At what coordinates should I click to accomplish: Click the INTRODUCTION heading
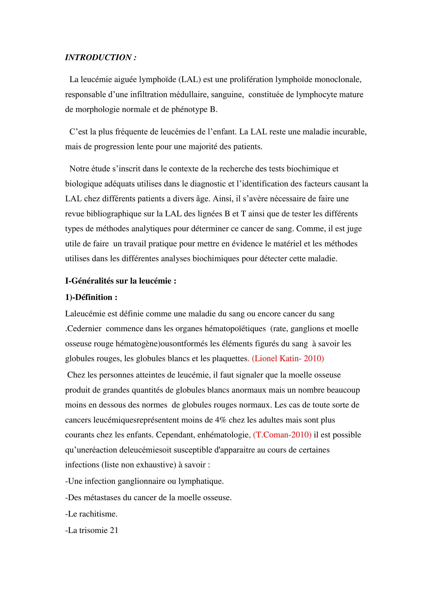pos(101,58)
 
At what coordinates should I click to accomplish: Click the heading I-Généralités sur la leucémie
pos(121,281)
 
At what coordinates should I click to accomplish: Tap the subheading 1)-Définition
pos(91,297)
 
